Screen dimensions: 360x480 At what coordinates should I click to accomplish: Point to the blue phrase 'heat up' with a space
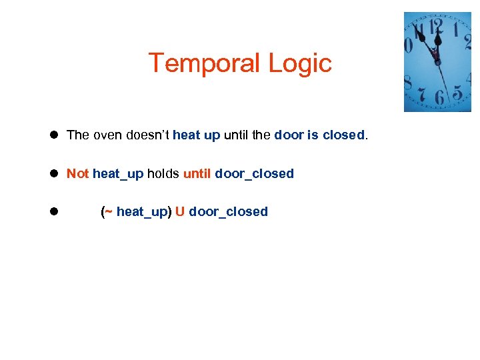[196, 135]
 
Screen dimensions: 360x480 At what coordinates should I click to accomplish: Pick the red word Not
[77, 174]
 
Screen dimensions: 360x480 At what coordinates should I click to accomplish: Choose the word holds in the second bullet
[163, 174]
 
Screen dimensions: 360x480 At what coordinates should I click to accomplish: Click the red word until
[197, 174]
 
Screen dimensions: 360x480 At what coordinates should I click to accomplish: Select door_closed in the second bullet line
[254, 174]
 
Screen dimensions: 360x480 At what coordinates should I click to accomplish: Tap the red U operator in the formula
[180, 212]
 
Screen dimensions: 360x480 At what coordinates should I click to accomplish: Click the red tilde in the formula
[109, 212]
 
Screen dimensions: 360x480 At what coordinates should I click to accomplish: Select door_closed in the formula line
[229, 212]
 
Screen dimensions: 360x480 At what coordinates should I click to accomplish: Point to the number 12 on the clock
[436, 27]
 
